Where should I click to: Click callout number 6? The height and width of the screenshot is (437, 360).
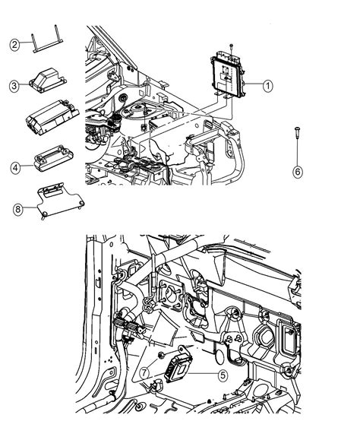(x=297, y=172)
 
